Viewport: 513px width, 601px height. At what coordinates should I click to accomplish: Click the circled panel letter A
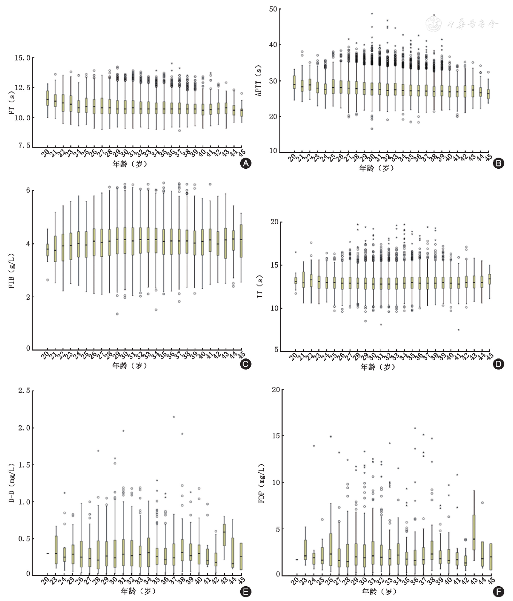tap(245, 164)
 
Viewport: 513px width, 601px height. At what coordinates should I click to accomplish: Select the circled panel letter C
tap(245, 364)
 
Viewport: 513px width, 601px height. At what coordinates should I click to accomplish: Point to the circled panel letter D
tap(499, 364)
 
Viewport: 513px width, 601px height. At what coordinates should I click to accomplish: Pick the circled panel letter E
tap(245, 592)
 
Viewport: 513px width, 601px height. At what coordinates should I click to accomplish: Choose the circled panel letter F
tap(499, 592)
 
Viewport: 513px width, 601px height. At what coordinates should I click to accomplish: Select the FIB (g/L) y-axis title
tap(12, 271)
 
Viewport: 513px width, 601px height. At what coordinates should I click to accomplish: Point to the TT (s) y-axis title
tap(260, 286)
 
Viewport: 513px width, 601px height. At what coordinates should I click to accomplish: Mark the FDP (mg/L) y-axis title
tap(262, 484)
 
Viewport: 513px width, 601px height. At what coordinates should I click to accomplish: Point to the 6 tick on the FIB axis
tap(28, 191)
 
